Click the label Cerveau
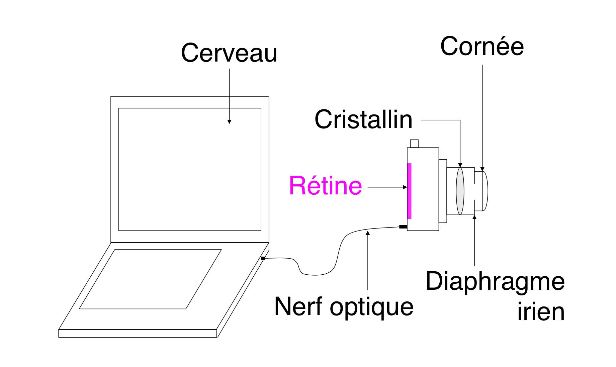tap(229, 53)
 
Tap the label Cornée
tap(482, 47)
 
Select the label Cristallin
tap(363, 120)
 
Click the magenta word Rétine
tap(325, 186)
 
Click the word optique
tap(371, 307)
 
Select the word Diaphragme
tap(495, 282)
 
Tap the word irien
tap(541, 312)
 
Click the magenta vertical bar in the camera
tap(409, 191)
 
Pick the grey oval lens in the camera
tap(460, 191)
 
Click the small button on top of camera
tap(414, 144)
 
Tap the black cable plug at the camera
tap(403, 227)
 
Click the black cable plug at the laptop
tap(263, 258)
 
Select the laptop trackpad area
tap(151, 279)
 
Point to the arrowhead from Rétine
tap(405, 187)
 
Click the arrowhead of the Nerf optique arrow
tap(368, 233)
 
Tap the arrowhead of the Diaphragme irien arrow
tap(474, 217)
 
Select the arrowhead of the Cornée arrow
tap(482, 169)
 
